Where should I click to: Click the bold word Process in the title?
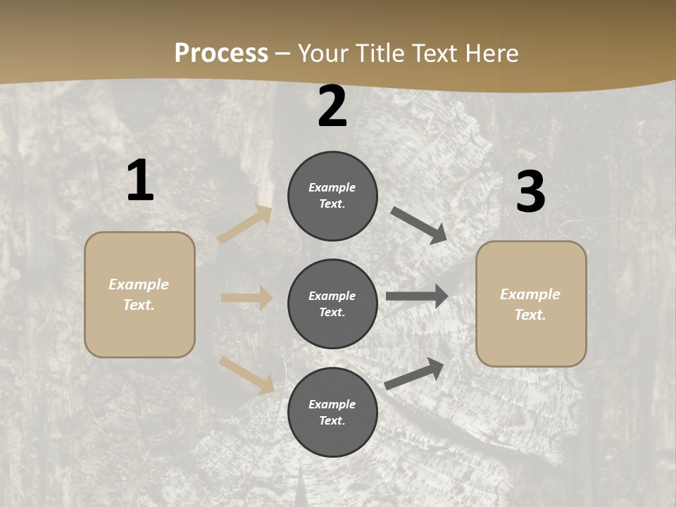click(221, 53)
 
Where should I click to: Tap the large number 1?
click(140, 181)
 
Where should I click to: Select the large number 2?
click(332, 107)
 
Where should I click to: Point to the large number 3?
click(530, 192)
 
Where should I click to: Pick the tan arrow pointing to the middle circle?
click(246, 298)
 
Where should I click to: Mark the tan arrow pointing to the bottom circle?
click(247, 375)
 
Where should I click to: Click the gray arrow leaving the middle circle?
click(417, 296)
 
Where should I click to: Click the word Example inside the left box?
click(139, 284)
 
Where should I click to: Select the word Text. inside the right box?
click(530, 315)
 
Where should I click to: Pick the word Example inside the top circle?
click(332, 187)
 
